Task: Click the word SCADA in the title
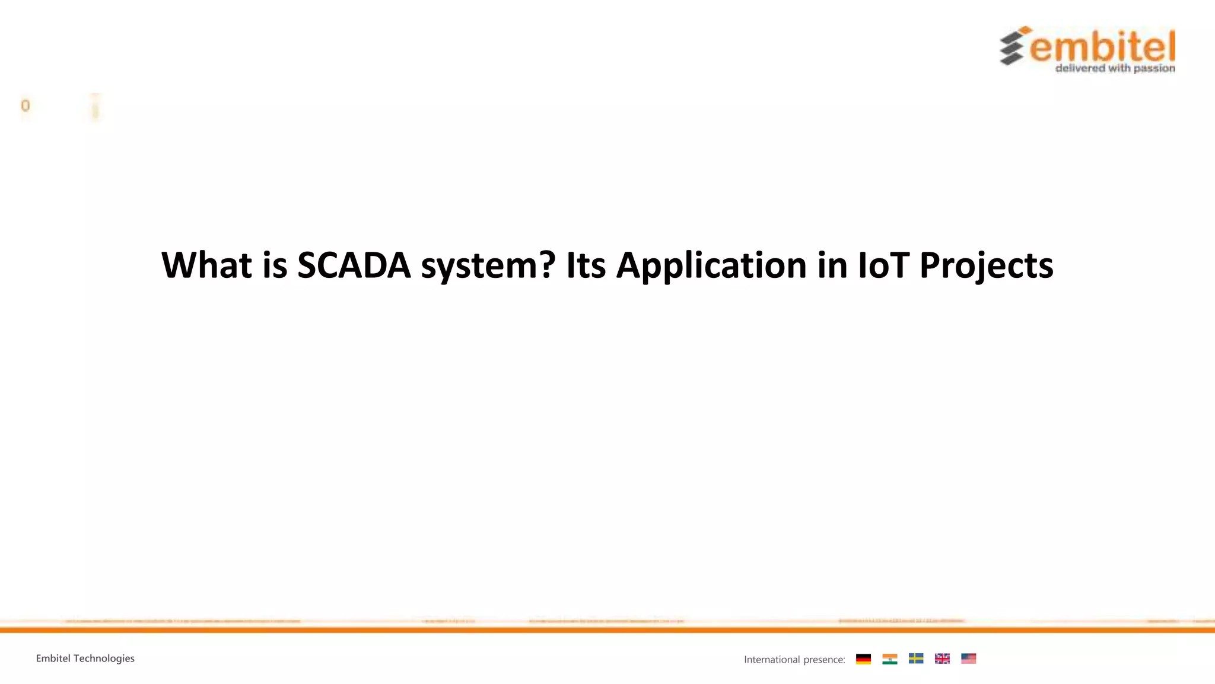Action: pos(354,265)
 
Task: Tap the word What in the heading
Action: pos(206,265)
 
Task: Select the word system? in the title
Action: pos(488,266)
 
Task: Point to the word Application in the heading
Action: pos(711,266)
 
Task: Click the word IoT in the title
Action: pos(883,265)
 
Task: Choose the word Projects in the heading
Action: pos(986,266)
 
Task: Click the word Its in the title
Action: pos(586,265)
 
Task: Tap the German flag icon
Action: pos(863,659)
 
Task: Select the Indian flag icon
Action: pos(889,659)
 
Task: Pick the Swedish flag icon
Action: pos(916,658)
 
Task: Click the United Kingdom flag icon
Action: pos(942,658)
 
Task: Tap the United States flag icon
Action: pos(968,658)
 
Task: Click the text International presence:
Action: pos(794,660)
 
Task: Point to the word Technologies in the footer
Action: pos(104,658)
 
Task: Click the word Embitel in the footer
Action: pos(53,658)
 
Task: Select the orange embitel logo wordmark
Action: pos(1102,47)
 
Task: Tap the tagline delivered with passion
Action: pos(1115,68)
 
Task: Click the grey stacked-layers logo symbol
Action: pos(1014,46)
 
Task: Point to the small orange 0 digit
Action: pos(25,106)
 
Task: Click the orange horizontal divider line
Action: pos(607,629)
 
